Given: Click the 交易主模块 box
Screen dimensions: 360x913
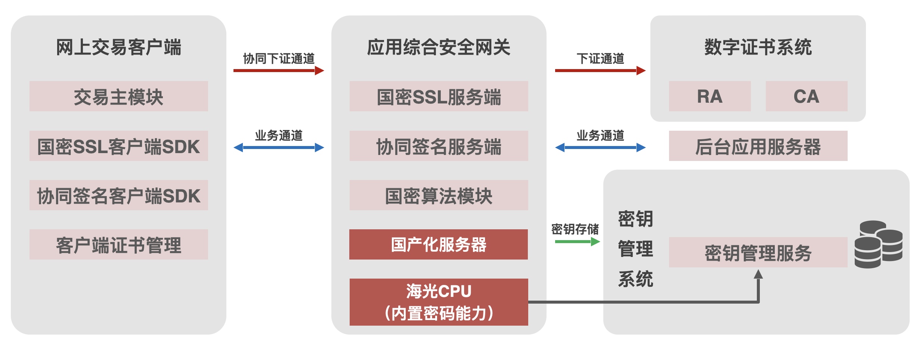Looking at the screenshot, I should coord(118,96).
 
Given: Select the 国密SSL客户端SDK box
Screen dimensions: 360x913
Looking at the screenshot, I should coord(118,146).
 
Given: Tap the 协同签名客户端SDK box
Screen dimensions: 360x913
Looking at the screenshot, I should coord(118,195).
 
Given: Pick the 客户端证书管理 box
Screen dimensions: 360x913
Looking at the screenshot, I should coord(118,245).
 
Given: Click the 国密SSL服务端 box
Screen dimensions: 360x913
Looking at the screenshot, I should coord(439,96).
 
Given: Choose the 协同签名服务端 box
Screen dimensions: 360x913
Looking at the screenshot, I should coord(439,146).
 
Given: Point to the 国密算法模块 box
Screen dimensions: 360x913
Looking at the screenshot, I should coord(439,195).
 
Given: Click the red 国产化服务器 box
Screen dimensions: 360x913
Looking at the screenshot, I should coord(439,245).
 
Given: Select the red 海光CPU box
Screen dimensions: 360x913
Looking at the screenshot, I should coord(439,302).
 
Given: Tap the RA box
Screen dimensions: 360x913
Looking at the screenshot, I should coord(709,96).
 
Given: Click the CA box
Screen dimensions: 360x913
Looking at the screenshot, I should coord(806,96).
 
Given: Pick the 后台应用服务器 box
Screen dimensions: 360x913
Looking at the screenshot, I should coord(758,146).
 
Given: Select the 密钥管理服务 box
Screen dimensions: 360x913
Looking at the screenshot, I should coord(758,252).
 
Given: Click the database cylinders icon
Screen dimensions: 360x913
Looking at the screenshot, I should coord(878,245).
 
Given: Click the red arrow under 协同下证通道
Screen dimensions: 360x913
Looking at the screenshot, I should coord(278,70).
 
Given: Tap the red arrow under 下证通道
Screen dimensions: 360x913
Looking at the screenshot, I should coord(600,70).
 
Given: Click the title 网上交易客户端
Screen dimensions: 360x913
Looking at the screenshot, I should coord(118,47).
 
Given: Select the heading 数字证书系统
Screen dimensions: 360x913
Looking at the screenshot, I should coord(758,47).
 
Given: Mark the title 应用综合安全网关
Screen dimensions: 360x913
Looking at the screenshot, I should coord(439,47).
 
